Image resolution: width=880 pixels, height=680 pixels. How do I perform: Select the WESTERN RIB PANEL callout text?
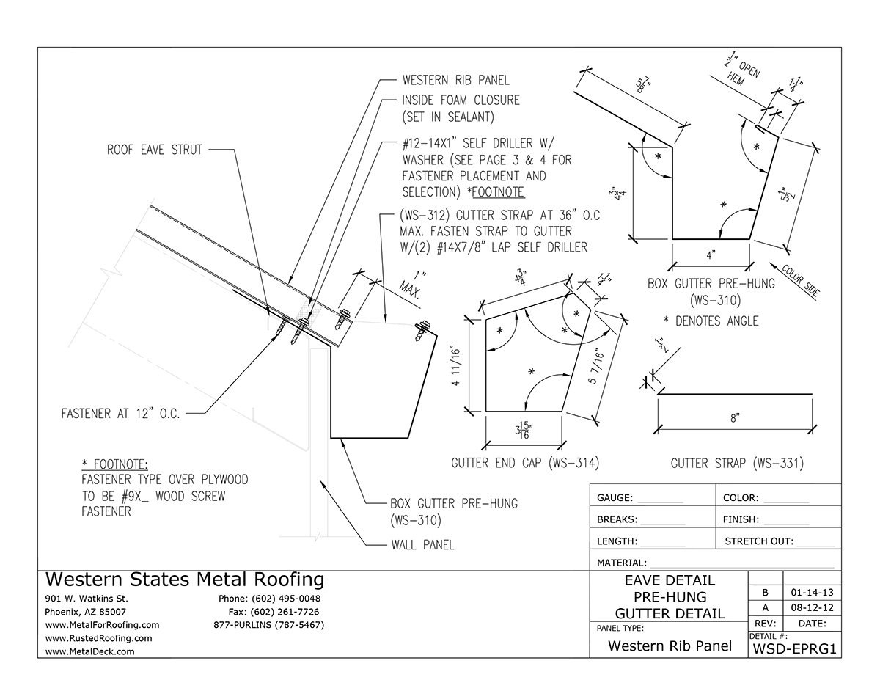[455, 80]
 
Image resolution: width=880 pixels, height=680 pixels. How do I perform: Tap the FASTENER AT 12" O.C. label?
[121, 413]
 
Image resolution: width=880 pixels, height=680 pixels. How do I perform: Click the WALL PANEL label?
[422, 545]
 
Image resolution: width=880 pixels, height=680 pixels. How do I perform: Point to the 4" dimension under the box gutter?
[710, 256]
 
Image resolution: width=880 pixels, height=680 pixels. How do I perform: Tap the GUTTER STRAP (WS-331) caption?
[737, 463]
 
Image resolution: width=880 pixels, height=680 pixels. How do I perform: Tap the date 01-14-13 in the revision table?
[812, 592]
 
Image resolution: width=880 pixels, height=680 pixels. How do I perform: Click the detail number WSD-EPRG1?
[794, 648]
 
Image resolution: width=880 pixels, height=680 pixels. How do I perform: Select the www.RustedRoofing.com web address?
[99, 638]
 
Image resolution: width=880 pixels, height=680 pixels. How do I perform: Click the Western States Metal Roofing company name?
[184, 580]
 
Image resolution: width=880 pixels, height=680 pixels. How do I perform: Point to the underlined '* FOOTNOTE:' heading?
[114, 464]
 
